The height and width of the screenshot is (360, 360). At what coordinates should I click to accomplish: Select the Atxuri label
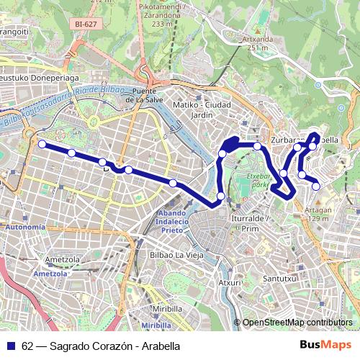coord(230,282)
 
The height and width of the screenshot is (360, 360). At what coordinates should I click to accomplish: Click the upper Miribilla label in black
coord(168,308)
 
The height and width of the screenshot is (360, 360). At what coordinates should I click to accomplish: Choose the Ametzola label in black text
coord(60,260)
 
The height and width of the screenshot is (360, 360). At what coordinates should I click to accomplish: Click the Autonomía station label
coord(24,227)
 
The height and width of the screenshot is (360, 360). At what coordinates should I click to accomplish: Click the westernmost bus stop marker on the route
coord(42,144)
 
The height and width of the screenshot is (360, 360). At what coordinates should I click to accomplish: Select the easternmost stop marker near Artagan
coord(317,186)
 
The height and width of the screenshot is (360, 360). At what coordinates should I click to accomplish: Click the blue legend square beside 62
coord(11,346)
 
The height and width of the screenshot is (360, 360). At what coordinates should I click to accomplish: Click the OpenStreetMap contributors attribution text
coord(297,323)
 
